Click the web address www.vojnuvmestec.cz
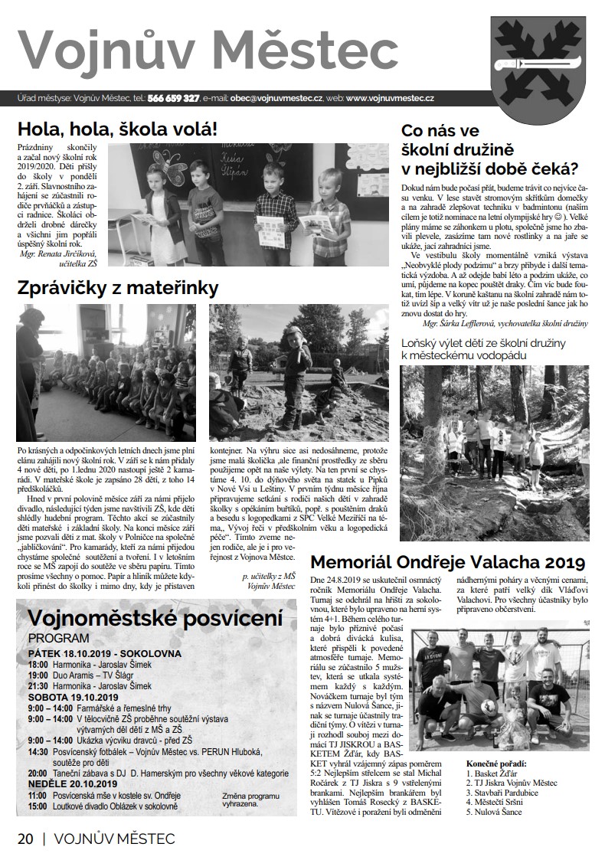click(x=391, y=99)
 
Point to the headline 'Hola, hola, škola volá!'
click(x=118, y=128)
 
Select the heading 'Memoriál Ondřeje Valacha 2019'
click(x=448, y=563)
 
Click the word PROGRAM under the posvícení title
click(x=58, y=638)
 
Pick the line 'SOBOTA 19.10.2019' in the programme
click(x=73, y=698)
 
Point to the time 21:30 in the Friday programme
click(x=38, y=688)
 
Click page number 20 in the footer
click(x=25, y=839)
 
